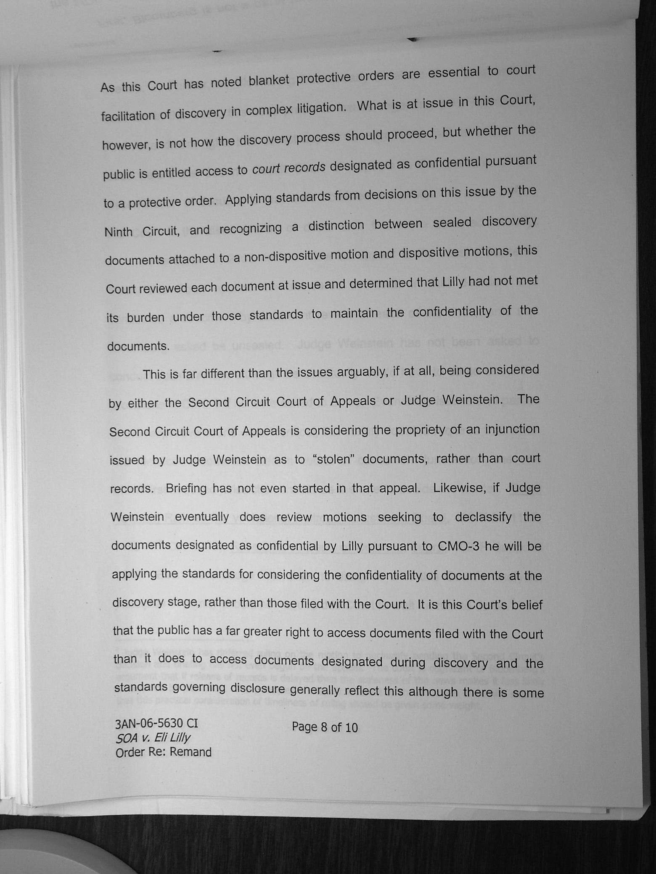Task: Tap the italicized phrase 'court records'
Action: pyautogui.click(x=288, y=168)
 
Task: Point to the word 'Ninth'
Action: pyautogui.click(x=118, y=232)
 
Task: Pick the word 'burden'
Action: pyautogui.click(x=145, y=317)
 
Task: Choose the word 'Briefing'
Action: pyautogui.click(x=186, y=488)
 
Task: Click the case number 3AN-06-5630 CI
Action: pyautogui.click(x=156, y=723)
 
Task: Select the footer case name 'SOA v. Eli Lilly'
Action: pyautogui.click(x=153, y=737)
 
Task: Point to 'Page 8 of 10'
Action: pyautogui.click(x=325, y=727)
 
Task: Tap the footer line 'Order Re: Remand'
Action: pyautogui.click(x=163, y=752)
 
